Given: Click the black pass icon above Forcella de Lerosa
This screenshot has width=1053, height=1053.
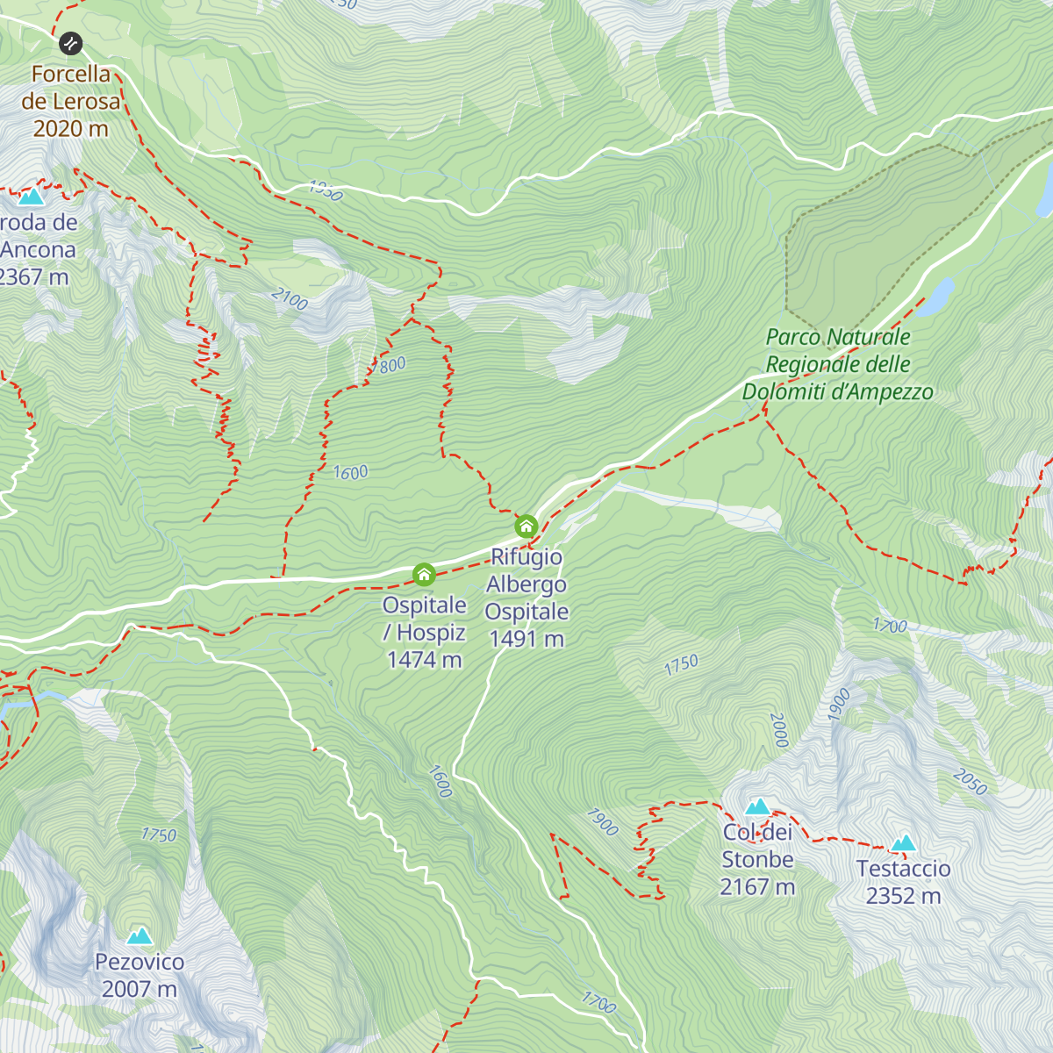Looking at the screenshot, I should click(71, 43).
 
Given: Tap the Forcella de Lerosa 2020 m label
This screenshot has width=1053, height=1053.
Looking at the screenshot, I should click(70, 101).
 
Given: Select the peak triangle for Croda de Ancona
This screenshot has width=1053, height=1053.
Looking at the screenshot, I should click(32, 197).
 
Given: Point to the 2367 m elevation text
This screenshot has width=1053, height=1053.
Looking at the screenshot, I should click(33, 277).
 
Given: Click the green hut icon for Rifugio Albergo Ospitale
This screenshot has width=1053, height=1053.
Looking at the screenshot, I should click(526, 526).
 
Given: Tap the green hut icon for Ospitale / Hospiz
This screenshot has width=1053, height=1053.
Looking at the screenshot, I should click(424, 575).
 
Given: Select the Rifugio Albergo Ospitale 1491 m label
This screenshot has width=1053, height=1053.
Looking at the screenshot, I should click(526, 598).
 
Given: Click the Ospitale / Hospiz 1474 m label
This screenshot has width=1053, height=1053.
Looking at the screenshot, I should click(425, 632).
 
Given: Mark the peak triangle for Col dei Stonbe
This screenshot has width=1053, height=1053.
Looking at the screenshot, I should click(757, 806).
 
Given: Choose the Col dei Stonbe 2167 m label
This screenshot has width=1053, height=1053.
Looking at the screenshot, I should click(757, 859).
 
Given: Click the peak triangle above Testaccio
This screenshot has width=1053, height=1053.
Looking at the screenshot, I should click(903, 843).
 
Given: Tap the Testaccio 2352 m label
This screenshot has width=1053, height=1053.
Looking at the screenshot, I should click(903, 882).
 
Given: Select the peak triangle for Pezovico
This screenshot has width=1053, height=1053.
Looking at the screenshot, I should click(140, 936).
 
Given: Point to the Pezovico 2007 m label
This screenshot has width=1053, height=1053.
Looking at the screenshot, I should click(140, 975).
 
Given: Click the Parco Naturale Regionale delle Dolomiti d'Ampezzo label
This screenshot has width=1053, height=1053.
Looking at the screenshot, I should click(838, 364).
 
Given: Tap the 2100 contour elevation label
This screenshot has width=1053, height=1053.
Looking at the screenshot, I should click(290, 299).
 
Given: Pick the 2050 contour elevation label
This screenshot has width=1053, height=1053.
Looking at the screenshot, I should click(970, 782).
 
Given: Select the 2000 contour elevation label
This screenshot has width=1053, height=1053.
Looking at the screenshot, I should click(779, 730).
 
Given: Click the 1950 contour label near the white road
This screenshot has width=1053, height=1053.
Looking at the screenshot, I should click(326, 190).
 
